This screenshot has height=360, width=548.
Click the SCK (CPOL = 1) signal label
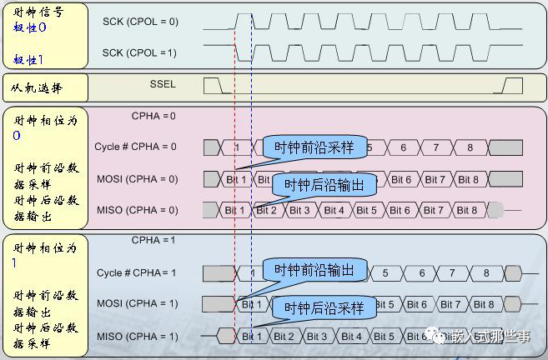click(x=139, y=52)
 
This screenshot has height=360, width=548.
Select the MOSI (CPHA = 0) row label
click(x=138, y=179)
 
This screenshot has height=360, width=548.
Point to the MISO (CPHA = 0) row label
click(x=138, y=210)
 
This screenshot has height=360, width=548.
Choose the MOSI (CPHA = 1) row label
click(x=138, y=303)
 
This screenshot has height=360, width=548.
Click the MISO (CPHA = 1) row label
click(x=138, y=336)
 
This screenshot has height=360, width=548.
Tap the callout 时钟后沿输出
click(x=324, y=184)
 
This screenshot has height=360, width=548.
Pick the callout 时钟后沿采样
click(x=324, y=307)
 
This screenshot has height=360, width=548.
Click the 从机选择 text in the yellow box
click(x=37, y=87)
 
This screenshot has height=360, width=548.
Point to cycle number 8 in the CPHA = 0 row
click(x=470, y=147)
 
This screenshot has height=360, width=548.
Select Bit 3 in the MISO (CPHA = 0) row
click(x=301, y=210)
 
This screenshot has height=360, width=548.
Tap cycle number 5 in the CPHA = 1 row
click(x=385, y=272)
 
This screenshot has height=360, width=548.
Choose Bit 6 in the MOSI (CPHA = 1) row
click(x=417, y=305)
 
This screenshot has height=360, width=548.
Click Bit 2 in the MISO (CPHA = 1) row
click(x=284, y=337)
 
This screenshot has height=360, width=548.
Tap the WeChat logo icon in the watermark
click(x=437, y=335)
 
